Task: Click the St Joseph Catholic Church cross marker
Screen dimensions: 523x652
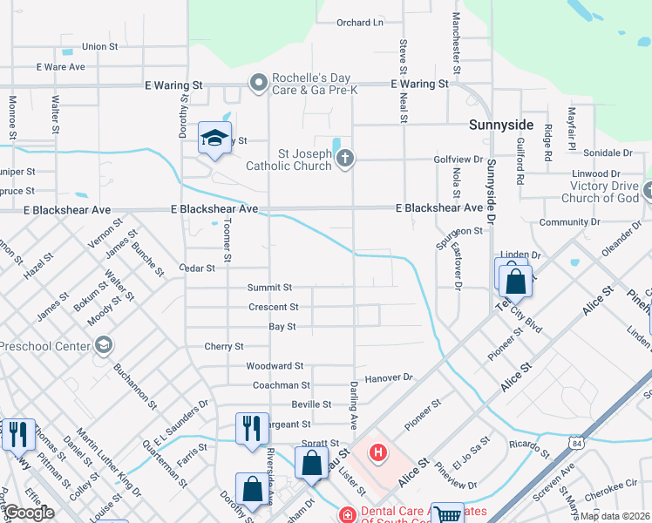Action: point(345,158)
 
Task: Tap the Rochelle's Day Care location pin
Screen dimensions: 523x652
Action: point(258,84)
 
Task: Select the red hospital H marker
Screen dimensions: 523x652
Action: point(377,452)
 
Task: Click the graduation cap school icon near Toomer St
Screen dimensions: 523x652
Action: point(214,138)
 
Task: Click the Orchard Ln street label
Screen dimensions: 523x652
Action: point(360,23)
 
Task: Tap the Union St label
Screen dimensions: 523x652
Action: point(99,46)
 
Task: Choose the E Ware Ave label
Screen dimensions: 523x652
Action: point(60,66)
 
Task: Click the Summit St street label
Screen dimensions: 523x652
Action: point(269,287)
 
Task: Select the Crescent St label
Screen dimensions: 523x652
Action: point(274,307)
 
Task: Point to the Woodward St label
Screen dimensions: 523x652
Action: point(275,366)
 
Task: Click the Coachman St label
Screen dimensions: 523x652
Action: point(282,384)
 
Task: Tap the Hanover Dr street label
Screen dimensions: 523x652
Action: point(388,377)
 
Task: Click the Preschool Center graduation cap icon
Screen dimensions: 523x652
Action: point(104,345)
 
